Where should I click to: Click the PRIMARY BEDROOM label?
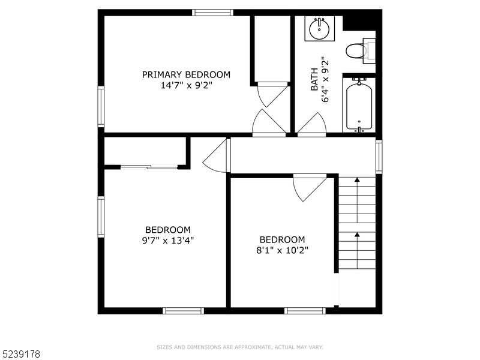pyautogui.click(x=186, y=74)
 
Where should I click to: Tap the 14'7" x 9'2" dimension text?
pyautogui.click(x=186, y=85)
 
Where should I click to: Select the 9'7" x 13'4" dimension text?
pyautogui.click(x=168, y=241)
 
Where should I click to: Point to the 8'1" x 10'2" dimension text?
pyautogui.click(x=282, y=250)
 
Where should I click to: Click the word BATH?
pyautogui.click(x=314, y=79)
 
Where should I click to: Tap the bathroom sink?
pyautogui.click(x=320, y=29)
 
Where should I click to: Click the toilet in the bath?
pyautogui.click(x=361, y=51)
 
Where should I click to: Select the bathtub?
pyautogui.click(x=359, y=104)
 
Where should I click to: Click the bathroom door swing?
pyautogui.click(x=311, y=124)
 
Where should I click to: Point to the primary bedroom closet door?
pyautogui.click(x=273, y=95)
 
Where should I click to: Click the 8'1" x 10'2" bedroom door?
pyautogui.click(x=309, y=188)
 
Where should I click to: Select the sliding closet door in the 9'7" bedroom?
pyautogui.click(x=149, y=167)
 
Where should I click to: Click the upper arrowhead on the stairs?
pyautogui.click(x=357, y=179)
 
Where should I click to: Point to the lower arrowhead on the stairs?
pyautogui.click(x=357, y=235)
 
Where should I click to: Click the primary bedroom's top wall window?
pyautogui.click(x=213, y=13)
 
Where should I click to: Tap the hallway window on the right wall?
pyautogui.click(x=379, y=157)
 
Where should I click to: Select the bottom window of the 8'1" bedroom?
pyautogui.click(x=305, y=311)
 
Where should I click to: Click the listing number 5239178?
pyautogui.click(x=20, y=354)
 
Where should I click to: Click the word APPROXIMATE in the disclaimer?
pyautogui.click(x=252, y=347)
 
